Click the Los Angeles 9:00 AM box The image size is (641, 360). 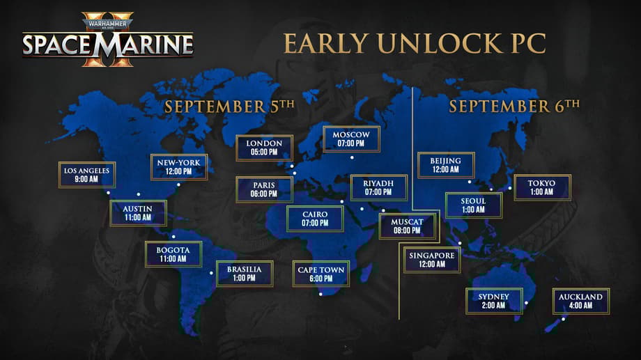[87, 175]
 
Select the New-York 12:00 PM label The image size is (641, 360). [179, 167]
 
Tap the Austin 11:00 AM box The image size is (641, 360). [138, 213]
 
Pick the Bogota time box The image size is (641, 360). [173, 253]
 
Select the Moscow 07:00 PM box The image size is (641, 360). [351, 139]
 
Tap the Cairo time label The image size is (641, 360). [315, 219]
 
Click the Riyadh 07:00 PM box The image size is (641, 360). [378, 187]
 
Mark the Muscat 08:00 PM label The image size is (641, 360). [407, 226]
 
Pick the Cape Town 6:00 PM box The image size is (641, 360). [321, 274]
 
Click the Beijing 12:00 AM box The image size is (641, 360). [446, 165]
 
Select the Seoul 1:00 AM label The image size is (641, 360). [474, 205]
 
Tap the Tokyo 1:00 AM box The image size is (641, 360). [542, 187]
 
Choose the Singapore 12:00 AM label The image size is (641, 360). [432, 260]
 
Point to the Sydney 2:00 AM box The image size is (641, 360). [493, 301]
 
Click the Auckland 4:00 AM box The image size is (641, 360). [580, 301]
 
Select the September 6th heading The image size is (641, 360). [514, 106]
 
